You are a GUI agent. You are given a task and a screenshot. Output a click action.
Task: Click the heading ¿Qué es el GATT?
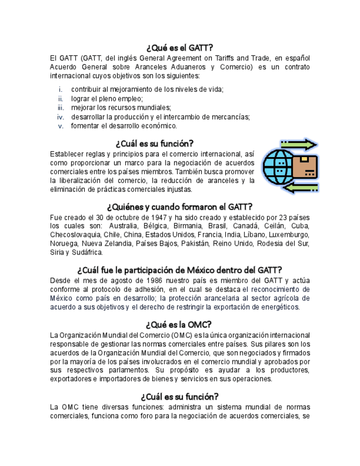pos(180,47)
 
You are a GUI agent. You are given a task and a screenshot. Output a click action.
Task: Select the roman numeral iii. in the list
pos(61,108)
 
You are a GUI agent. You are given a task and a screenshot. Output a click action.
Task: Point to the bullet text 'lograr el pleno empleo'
pos(107,98)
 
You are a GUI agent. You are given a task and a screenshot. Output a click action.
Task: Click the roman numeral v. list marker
pos(62,126)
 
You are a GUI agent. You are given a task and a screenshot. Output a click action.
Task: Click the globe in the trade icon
pos(278,167)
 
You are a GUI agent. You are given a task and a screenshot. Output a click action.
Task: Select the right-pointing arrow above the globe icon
pos(298,145)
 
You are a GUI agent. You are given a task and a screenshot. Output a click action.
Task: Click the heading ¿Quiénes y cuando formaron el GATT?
pos(180,207)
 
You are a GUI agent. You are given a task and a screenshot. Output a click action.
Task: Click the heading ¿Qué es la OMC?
pos(180,324)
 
